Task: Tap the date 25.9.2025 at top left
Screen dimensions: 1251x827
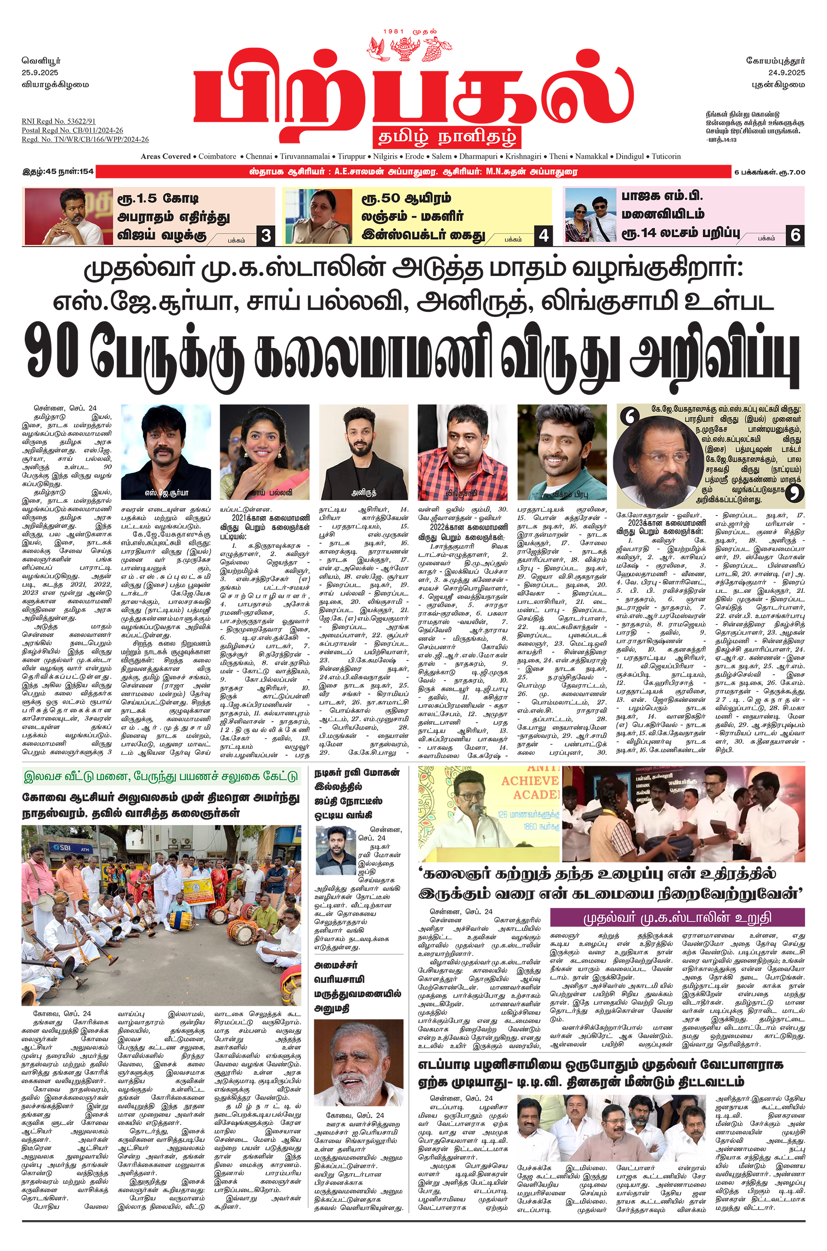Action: click(40, 72)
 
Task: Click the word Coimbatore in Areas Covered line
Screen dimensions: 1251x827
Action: click(217, 156)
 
